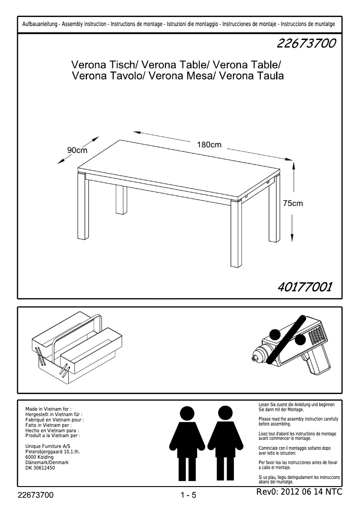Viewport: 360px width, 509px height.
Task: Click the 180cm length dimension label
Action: click(210, 145)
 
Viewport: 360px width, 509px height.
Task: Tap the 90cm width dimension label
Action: click(77, 150)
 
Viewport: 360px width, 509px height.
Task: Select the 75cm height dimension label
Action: click(293, 203)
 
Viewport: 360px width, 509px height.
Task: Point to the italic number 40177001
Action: click(305, 286)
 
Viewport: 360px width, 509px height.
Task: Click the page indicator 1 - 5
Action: click(189, 496)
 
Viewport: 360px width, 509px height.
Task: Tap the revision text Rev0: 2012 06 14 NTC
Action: click(299, 492)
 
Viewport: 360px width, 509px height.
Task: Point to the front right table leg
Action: click(236, 236)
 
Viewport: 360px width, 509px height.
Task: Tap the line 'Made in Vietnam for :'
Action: click(48, 409)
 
